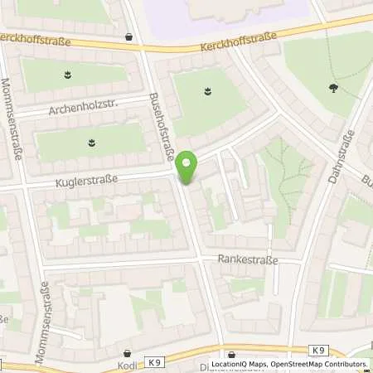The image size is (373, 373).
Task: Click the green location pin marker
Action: (x=188, y=169)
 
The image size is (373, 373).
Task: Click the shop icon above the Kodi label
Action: (x=128, y=352)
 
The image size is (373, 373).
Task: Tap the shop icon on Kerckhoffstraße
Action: (x=129, y=36)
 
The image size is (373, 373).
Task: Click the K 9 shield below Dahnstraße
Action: (x=319, y=351)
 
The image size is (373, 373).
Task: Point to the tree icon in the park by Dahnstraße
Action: (x=333, y=85)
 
